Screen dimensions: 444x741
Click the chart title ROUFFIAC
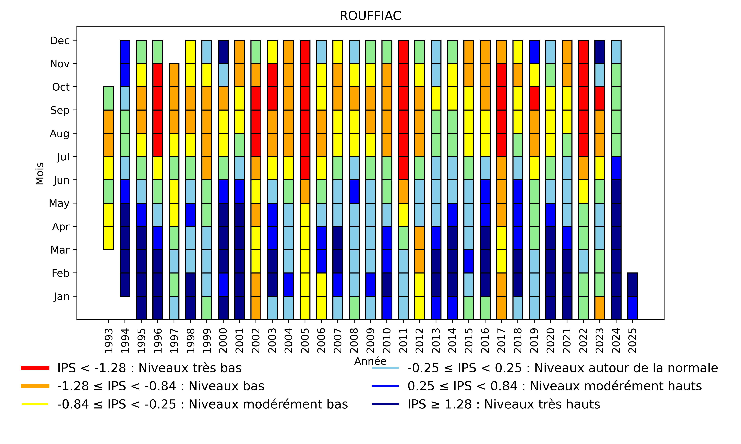point(370,16)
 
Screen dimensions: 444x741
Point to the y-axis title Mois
point(40,174)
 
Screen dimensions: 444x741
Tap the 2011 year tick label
point(403,341)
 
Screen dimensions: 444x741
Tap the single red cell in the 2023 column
point(600,98)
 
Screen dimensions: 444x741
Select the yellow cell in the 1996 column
point(158,168)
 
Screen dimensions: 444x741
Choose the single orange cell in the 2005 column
point(305,192)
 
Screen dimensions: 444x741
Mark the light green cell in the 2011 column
point(403,238)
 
